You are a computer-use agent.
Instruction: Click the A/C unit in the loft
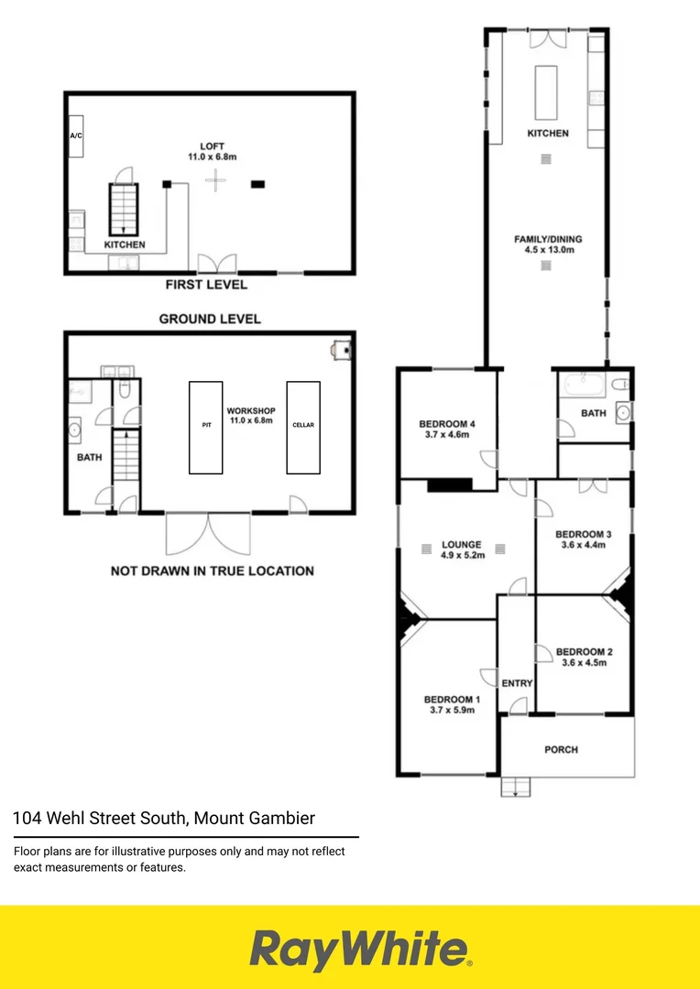click(75, 136)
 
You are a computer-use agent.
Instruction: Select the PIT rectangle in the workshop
click(206, 427)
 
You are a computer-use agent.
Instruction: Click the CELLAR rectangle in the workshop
click(303, 427)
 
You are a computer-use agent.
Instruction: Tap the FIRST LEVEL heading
click(206, 285)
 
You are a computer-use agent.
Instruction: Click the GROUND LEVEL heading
click(210, 319)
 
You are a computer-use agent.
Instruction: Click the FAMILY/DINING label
click(548, 240)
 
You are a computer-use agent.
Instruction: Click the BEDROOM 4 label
click(446, 424)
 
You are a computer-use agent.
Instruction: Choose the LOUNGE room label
click(462, 545)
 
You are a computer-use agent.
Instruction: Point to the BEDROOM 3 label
click(584, 534)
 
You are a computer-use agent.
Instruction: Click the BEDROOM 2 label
click(584, 653)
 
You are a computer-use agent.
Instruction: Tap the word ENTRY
click(518, 683)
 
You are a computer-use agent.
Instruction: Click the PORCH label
click(561, 749)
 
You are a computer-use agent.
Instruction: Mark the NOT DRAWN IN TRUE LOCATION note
click(212, 571)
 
